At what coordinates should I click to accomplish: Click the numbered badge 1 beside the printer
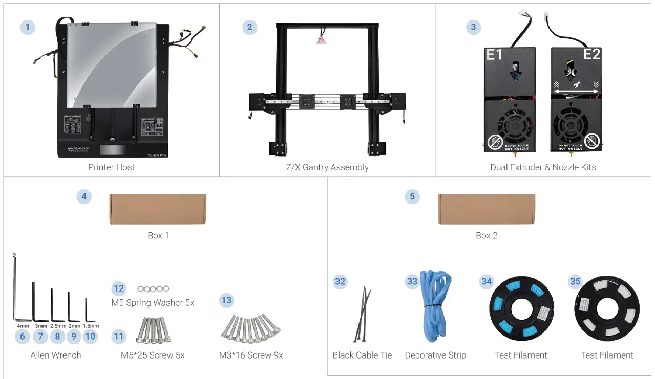(x=28, y=27)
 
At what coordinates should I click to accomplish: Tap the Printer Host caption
(x=112, y=167)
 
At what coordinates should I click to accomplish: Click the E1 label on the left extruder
(x=494, y=54)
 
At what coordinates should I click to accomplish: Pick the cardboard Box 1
(x=158, y=209)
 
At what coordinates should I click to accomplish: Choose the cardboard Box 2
(x=487, y=209)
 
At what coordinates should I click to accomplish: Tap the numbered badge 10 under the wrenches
(x=90, y=336)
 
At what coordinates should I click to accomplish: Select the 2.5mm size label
(x=58, y=326)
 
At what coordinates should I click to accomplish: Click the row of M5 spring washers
(x=153, y=289)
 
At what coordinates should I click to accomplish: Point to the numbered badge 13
(x=226, y=300)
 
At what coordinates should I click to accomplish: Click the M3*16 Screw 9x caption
(x=251, y=355)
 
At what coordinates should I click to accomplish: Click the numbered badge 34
(x=487, y=282)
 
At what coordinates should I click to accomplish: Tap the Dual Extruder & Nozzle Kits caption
(x=543, y=167)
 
